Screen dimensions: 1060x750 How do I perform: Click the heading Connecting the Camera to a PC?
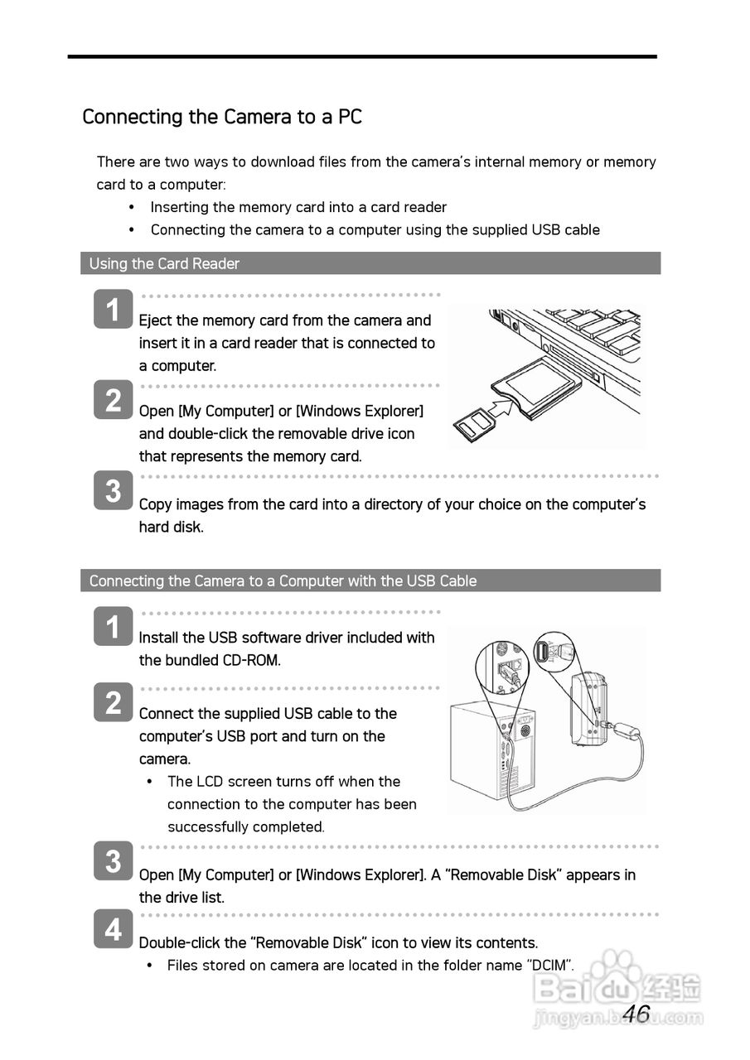click(x=222, y=117)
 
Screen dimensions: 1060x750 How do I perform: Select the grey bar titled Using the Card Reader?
click(x=370, y=263)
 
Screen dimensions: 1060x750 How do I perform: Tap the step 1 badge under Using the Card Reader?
click(x=113, y=310)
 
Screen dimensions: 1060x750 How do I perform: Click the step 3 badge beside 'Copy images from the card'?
click(x=113, y=490)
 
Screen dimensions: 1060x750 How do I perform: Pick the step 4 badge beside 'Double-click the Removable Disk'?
click(x=113, y=929)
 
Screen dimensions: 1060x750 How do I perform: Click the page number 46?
click(x=636, y=1014)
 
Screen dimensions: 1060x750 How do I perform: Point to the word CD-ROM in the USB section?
click(x=252, y=661)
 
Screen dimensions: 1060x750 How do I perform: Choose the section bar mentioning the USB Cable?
click(x=370, y=581)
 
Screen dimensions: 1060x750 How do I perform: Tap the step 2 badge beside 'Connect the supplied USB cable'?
click(x=113, y=702)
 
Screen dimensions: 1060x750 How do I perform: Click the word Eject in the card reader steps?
click(x=154, y=320)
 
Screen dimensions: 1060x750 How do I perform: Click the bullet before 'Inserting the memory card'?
click(x=131, y=207)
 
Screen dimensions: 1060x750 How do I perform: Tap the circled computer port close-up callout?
click(x=502, y=668)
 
